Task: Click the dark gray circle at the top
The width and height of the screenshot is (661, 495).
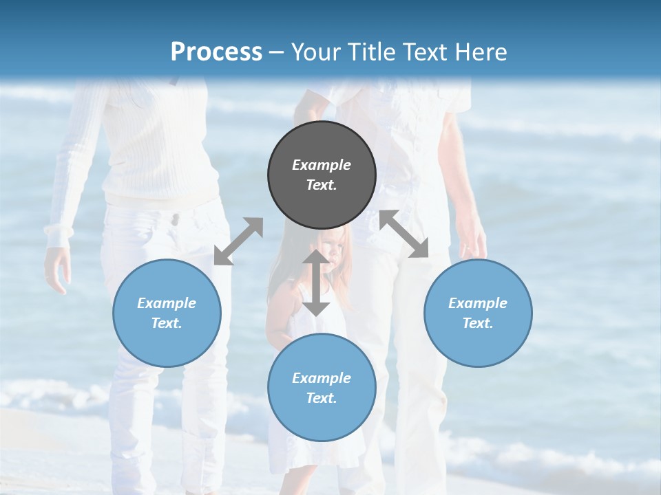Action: [x=322, y=175]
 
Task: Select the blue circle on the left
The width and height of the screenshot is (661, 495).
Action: [x=167, y=313]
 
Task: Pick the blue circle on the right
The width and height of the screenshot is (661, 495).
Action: [x=478, y=313]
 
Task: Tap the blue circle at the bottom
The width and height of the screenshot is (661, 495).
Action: [x=322, y=388]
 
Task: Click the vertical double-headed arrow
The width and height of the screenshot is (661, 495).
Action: [x=316, y=283]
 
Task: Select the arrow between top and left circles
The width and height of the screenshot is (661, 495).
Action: [x=238, y=241]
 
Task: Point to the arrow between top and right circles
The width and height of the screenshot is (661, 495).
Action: [x=404, y=234]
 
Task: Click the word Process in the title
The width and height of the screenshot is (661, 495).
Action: [x=216, y=52]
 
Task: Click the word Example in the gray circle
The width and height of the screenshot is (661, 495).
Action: [x=322, y=165]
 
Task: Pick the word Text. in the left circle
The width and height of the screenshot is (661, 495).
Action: [x=167, y=323]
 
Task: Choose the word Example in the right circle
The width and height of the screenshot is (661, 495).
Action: [x=478, y=303]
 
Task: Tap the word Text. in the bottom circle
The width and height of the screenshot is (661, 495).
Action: [x=322, y=398]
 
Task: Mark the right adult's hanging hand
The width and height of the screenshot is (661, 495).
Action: [x=473, y=241]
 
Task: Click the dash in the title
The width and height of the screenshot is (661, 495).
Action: [x=277, y=52]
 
